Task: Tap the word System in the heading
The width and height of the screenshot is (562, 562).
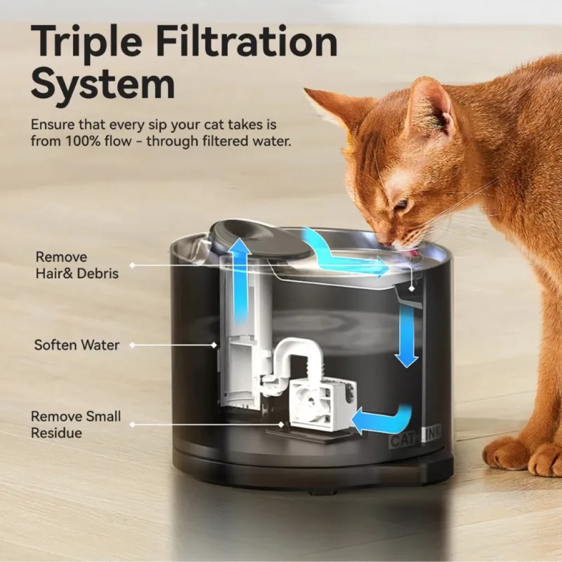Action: [x=103, y=85]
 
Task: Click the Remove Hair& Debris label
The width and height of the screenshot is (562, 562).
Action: [x=77, y=265]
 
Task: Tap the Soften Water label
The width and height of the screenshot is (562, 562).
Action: [x=76, y=345]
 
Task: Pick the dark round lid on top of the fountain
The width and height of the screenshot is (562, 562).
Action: [x=260, y=239]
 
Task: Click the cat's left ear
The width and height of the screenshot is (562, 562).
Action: [x=434, y=107]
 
